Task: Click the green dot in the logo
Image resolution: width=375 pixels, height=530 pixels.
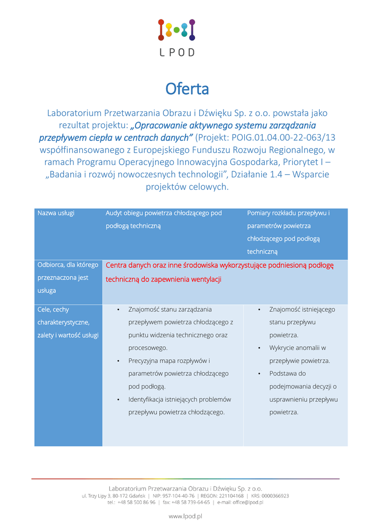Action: tap(177, 30)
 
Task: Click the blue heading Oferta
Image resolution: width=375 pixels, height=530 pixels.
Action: tap(187, 89)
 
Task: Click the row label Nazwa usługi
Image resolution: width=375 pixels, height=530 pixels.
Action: tap(56, 213)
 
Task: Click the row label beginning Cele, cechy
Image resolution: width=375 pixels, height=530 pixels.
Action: tap(53, 310)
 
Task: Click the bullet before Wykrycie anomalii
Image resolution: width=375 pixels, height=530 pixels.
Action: tap(259, 348)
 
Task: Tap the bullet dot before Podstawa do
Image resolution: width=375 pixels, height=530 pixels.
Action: tap(259, 374)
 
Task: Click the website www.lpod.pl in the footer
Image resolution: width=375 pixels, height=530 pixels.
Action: tap(186, 516)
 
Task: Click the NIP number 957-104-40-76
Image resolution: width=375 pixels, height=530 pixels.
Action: tap(175, 496)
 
